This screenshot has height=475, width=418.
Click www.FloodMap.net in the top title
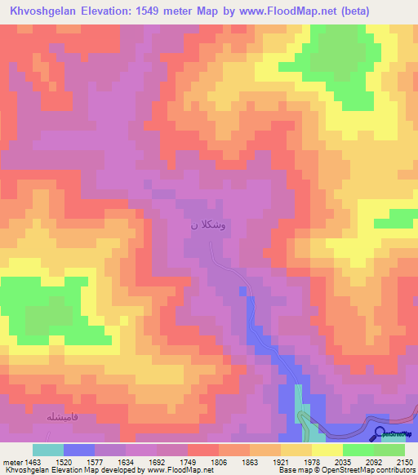point(273,11)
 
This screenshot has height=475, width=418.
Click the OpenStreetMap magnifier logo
point(380,433)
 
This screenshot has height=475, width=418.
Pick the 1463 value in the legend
point(33,461)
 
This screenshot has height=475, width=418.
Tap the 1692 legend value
point(158,461)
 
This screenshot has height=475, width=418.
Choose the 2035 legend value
point(343,461)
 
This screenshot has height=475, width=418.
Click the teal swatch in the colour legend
point(48,450)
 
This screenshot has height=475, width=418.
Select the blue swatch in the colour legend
point(79,450)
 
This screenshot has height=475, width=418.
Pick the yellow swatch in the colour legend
point(327,450)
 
